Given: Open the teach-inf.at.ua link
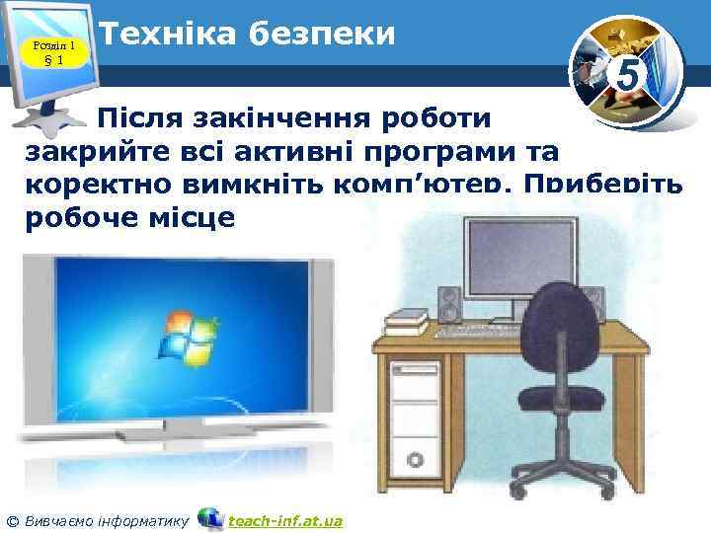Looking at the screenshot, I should [x=285, y=520].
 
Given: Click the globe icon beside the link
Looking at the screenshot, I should [x=210, y=518].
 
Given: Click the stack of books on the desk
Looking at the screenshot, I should [x=407, y=319].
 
